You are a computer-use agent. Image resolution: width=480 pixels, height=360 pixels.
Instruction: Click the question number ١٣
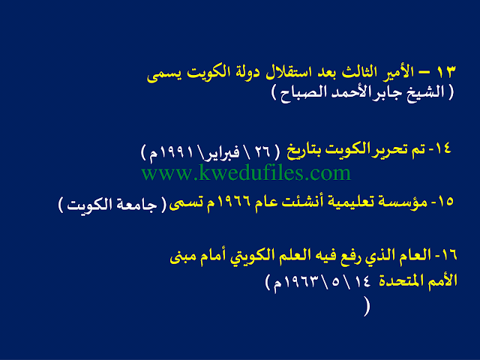[x=446, y=72]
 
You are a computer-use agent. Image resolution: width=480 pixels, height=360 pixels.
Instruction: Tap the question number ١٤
[x=442, y=148]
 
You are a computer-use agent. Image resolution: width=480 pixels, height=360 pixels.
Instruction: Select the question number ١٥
[x=445, y=202]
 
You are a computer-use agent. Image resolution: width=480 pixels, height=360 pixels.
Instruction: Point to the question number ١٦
[x=449, y=255]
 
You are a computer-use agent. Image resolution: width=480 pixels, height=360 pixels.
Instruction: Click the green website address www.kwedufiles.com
[x=246, y=172]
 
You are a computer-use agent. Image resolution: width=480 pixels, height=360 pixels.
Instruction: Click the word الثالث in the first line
[x=362, y=72]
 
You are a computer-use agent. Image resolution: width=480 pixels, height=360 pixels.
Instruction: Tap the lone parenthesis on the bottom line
[x=367, y=307]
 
